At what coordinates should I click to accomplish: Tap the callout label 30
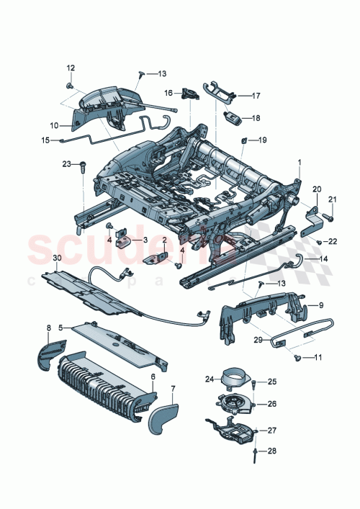tap(57, 258)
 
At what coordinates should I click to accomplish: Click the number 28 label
tap(272, 451)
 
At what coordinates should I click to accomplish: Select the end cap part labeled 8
tap(51, 356)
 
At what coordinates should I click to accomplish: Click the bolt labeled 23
tap(85, 167)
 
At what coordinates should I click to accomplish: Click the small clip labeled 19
tap(244, 141)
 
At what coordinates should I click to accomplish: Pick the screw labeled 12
tap(70, 85)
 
